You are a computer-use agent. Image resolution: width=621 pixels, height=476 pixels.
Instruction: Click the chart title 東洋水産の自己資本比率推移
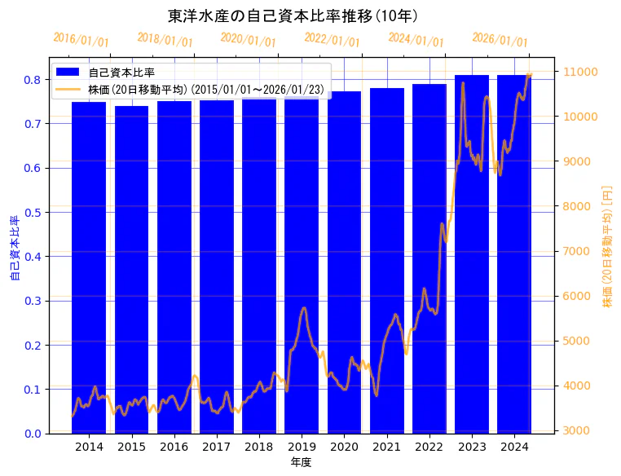pos(293,15)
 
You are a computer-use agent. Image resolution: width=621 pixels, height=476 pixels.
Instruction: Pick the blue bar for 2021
pos(387,261)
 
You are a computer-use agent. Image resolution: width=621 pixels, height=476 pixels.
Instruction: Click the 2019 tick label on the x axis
pos(302,447)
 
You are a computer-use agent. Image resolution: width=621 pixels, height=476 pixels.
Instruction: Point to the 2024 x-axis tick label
pos(514,447)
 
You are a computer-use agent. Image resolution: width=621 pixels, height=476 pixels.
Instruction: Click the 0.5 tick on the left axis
pos(33,213)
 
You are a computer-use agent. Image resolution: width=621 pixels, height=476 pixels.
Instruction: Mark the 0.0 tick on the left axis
pos(33,434)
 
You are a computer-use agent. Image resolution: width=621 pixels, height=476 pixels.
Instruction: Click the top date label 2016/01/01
pos(81,40)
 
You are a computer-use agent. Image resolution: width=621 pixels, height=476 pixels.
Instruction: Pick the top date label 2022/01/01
pos(332,40)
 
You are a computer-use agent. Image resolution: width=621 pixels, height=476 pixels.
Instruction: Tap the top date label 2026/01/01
pos(500,40)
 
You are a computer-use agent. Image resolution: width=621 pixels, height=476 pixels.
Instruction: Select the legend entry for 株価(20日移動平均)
pos(204,88)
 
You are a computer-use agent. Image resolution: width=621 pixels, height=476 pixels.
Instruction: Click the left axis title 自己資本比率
pos(14,249)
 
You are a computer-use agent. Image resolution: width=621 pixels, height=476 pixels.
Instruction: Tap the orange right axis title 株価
pos(606,247)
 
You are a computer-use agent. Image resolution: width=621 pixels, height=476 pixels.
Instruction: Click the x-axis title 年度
pos(302,462)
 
